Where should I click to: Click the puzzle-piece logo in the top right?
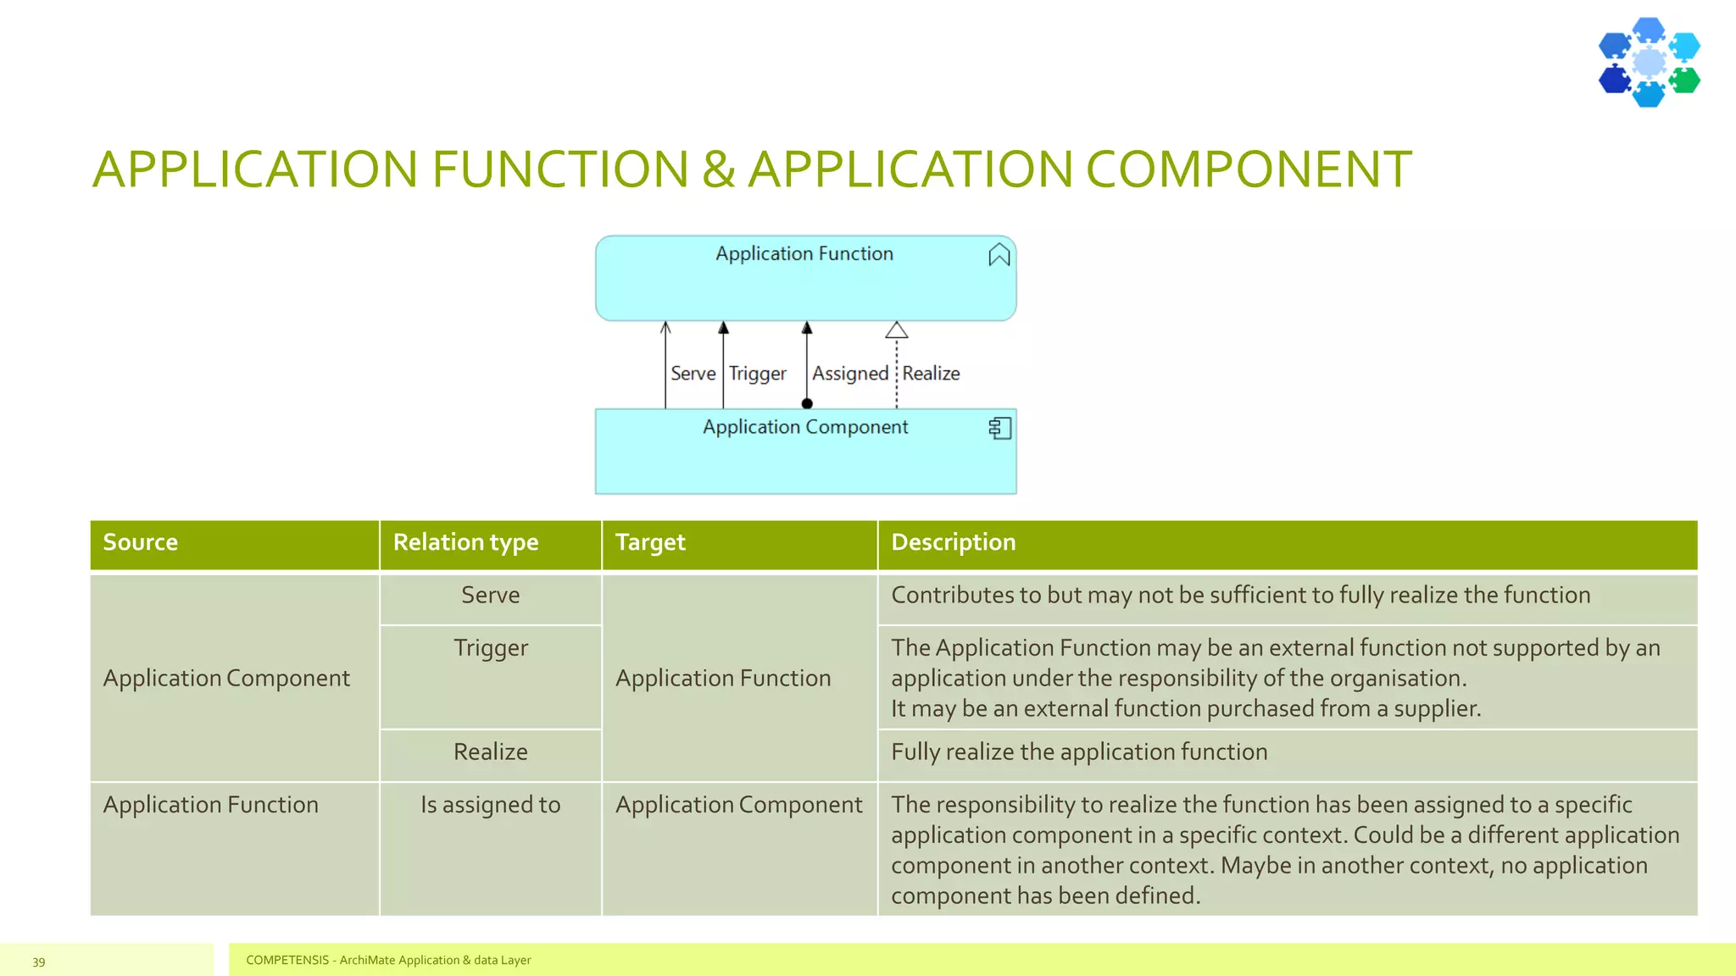(1649, 63)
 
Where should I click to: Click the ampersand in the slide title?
(718, 169)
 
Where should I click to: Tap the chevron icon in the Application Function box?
(999, 255)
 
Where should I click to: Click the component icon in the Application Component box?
(999, 428)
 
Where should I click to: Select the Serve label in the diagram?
(693, 374)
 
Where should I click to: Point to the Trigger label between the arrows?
(757, 374)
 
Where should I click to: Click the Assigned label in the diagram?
(849, 374)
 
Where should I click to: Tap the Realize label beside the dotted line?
(931, 374)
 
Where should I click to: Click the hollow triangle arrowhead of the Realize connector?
(896, 330)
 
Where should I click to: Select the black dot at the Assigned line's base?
(807, 403)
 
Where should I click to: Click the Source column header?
(141, 542)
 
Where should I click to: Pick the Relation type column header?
(465, 542)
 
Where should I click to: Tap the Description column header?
(953, 542)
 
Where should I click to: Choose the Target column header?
(650, 542)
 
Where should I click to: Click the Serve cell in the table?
(490, 596)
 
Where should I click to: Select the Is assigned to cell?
(490, 805)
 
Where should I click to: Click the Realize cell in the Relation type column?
(490, 752)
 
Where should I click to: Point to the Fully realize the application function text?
(1078, 752)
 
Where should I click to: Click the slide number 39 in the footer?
(39, 962)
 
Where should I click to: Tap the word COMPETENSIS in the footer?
(287, 960)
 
